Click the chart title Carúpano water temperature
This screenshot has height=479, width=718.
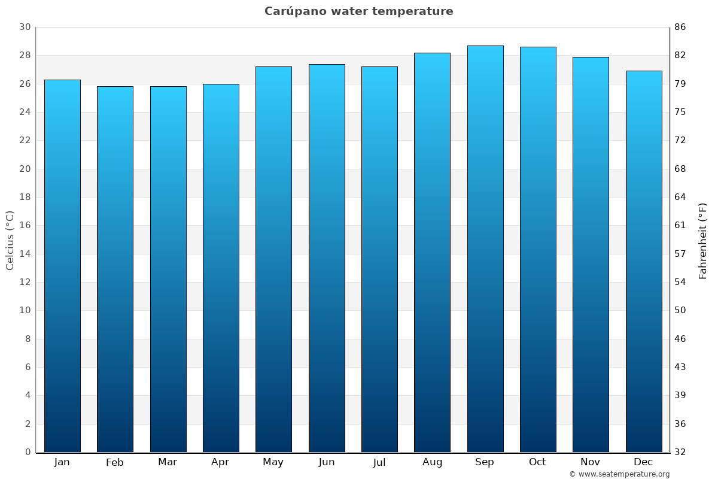[x=359, y=11]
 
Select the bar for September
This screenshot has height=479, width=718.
[x=485, y=248]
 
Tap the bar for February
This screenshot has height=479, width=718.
[x=115, y=269]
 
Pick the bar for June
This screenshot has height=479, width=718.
[x=327, y=257]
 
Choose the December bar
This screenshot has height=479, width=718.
[x=644, y=261]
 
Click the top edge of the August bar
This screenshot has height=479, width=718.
[x=432, y=53]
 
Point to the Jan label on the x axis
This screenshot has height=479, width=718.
[x=62, y=462]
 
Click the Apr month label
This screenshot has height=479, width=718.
[x=220, y=462]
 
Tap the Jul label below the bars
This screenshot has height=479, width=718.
[x=379, y=462]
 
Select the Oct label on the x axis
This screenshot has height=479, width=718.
[x=537, y=462]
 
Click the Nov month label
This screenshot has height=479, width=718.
[x=591, y=462]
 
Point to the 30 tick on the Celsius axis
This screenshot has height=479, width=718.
[x=25, y=27]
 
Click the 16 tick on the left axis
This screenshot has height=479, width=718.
[x=25, y=226]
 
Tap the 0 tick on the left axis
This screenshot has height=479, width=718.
[x=28, y=452]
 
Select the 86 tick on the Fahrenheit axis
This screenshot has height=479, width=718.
[x=680, y=27]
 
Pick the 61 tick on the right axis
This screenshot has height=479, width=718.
[x=680, y=226]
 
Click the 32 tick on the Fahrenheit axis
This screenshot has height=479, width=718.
[x=680, y=452]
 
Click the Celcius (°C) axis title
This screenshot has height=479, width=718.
[x=10, y=239]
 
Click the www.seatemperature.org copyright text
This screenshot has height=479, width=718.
[x=619, y=474]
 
